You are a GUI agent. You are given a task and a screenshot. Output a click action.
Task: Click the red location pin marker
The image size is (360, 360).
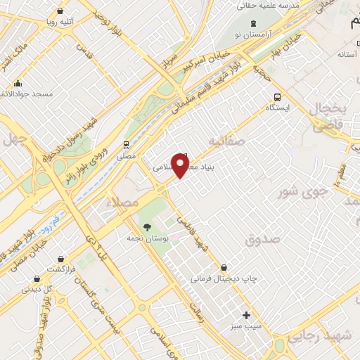pyautogui.click(x=181, y=165)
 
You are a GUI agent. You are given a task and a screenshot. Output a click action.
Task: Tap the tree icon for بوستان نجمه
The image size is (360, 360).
pyautogui.click(x=148, y=227)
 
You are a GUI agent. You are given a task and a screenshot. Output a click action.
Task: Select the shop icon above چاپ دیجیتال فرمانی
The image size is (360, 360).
pyautogui.click(x=224, y=267)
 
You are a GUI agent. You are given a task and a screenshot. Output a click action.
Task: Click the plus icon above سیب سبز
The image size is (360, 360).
pyautogui.click(x=245, y=315)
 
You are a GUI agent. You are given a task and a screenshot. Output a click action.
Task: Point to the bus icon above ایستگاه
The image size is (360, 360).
pyautogui.click(x=278, y=96)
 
